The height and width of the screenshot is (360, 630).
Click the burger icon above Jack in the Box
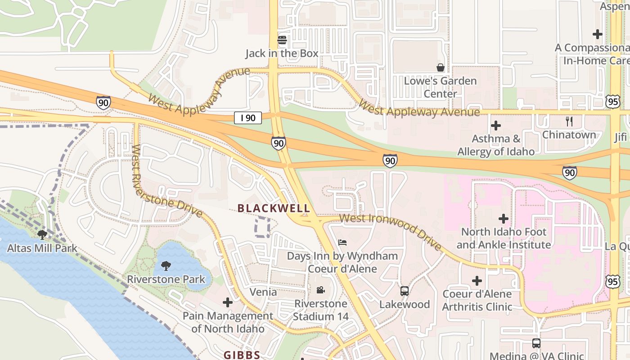coord(282,40)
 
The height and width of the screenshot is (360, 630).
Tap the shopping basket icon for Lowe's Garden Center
coord(441,67)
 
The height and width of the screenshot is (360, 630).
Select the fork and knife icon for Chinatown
coord(569,121)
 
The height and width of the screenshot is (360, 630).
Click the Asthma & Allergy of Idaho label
coord(496,145)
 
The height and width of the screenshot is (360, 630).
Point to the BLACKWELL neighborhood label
coord(274,208)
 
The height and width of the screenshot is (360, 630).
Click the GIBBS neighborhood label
coord(242,355)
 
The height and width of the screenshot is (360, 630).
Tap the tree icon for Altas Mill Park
coord(42,234)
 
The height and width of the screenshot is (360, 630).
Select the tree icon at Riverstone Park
coord(166,265)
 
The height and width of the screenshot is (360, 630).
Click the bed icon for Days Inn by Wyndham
coord(342,243)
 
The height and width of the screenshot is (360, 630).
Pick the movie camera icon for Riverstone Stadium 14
coord(320,290)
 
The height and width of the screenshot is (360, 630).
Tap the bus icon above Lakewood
coord(405,291)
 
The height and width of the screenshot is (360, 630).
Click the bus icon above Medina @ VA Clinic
coord(536,343)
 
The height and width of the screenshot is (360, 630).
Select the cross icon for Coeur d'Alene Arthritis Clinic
coord(477,281)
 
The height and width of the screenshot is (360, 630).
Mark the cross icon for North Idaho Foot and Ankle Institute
coord(504,219)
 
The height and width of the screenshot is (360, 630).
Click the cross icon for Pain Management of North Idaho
coord(228,302)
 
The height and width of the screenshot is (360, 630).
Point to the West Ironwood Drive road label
coord(391,231)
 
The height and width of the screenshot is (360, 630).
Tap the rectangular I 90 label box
coord(248,118)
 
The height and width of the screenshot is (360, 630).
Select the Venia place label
coord(263,292)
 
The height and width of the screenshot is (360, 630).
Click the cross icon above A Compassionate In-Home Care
coord(597,34)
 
